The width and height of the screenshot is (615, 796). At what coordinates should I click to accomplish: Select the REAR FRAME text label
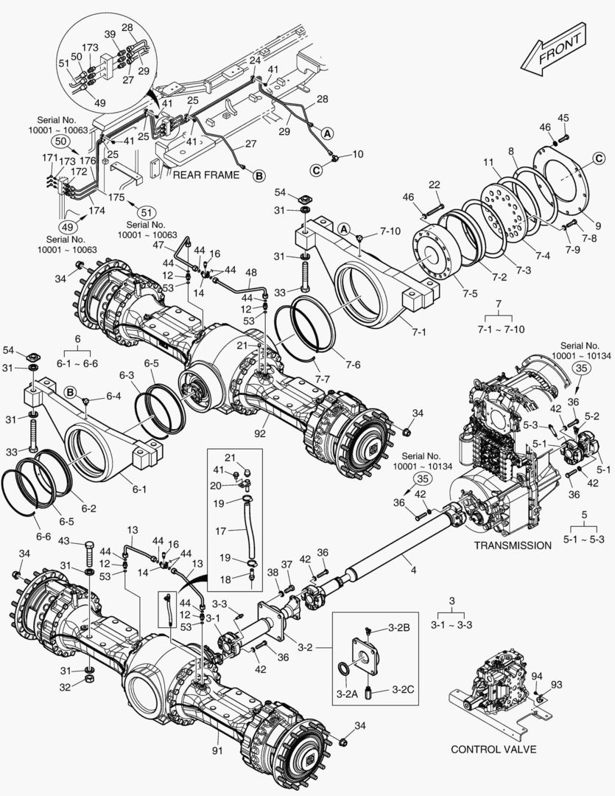click(x=205, y=175)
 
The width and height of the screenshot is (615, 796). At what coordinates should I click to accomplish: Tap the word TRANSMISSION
click(x=513, y=545)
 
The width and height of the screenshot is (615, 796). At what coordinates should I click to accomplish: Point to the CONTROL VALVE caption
click(x=493, y=749)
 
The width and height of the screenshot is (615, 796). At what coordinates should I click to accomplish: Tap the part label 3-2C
click(x=402, y=690)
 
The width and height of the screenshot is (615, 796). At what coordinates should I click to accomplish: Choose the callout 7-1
click(x=419, y=332)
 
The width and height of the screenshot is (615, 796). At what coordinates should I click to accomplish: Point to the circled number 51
click(x=146, y=212)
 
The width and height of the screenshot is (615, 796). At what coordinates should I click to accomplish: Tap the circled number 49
click(x=66, y=227)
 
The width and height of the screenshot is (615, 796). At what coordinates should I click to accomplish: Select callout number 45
click(x=563, y=117)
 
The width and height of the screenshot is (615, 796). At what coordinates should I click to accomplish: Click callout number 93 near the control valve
click(x=557, y=685)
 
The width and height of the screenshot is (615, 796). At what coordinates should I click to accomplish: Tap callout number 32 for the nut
click(x=64, y=686)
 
